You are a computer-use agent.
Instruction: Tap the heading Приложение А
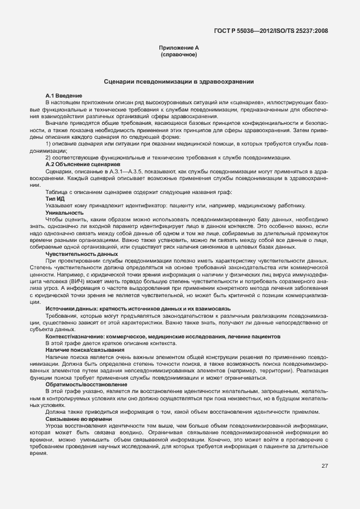179,49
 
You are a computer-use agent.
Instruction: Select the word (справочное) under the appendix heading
179,55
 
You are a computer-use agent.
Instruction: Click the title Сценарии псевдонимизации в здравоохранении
179,81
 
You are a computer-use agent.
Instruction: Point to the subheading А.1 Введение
64,96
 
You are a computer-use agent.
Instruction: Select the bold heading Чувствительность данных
77,254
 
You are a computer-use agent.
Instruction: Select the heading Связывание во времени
79,419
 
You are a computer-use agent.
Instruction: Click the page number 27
324,466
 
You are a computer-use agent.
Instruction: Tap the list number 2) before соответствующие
48,158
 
